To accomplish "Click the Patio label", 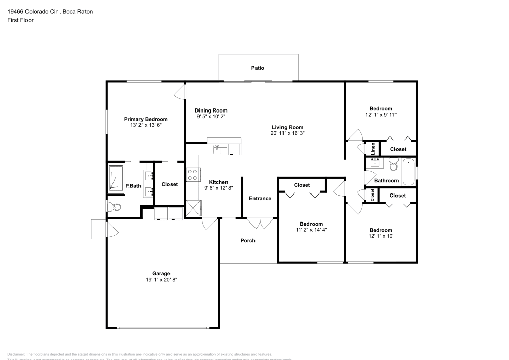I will (x=258, y=68).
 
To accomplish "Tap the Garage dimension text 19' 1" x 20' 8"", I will (x=161, y=280).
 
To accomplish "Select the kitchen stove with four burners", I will (x=193, y=175).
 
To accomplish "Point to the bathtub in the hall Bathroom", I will (x=409, y=172).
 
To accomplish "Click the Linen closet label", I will (x=373, y=149).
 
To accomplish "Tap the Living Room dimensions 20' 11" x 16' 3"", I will (x=288, y=133).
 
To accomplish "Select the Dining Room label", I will (x=211, y=110).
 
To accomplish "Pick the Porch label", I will (x=248, y=240).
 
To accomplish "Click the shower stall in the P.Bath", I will (x=116, y=179).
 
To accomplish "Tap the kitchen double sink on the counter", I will (x=220, y=149).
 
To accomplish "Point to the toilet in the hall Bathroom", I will (x=393, y=165).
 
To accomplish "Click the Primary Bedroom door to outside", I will (x=180, y=92).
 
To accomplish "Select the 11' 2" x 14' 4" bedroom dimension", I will (x=310, y=230).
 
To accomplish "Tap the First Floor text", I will (x=20, y=20).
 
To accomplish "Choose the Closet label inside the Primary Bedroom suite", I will (x=169, y=184).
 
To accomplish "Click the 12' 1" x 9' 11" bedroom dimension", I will (x=381, y=115).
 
